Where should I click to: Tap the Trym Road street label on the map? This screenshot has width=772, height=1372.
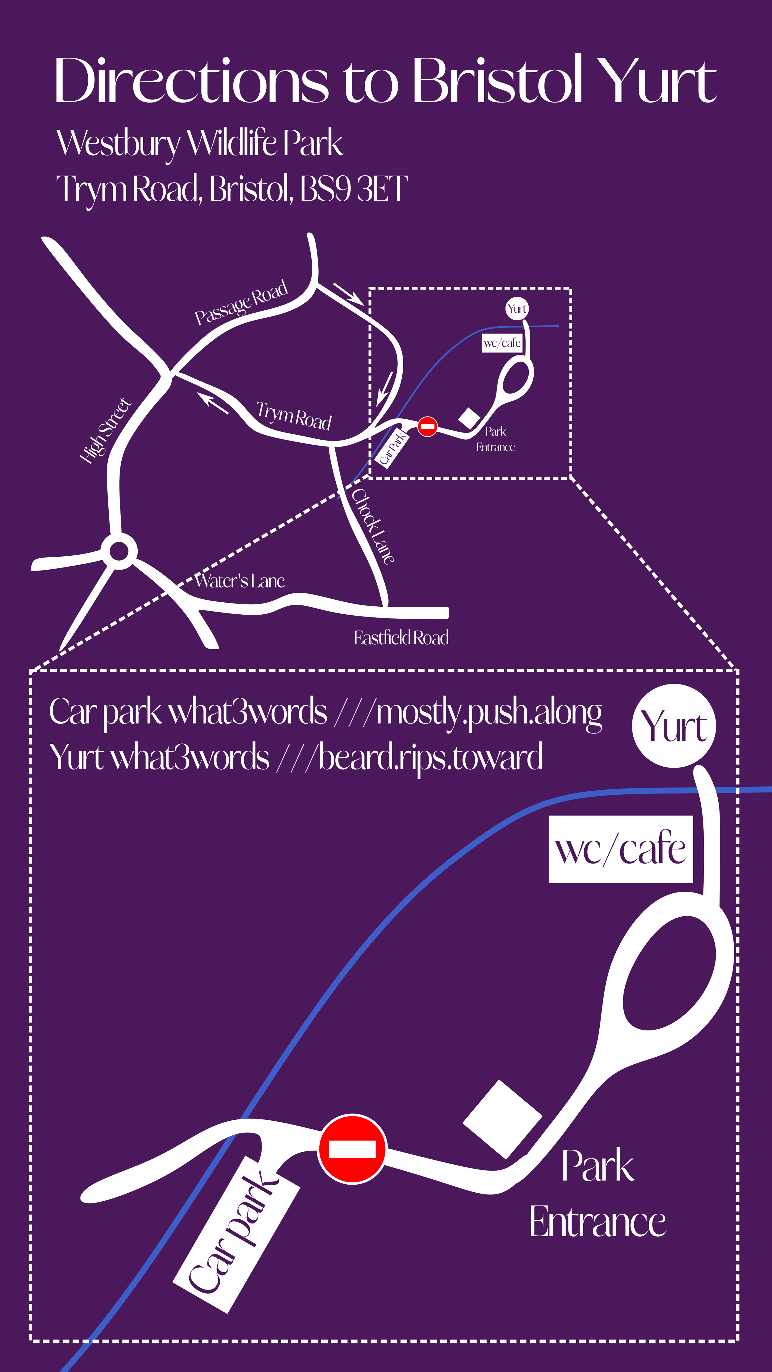click(x=294, y=416)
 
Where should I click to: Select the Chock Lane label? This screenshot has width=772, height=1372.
click(x=373, y=526)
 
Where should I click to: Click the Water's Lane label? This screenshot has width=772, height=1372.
click(x=240, y=580)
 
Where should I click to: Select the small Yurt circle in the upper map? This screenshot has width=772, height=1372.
click(x=517, y=308)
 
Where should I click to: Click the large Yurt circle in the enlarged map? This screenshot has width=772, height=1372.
click(x=674, y=726)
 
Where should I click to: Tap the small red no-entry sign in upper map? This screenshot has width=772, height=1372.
click(x=427, y=426)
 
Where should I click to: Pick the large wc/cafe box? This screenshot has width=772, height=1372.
click(x=621, y=849)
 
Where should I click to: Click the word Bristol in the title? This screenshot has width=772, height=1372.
click(x=497, y=80)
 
